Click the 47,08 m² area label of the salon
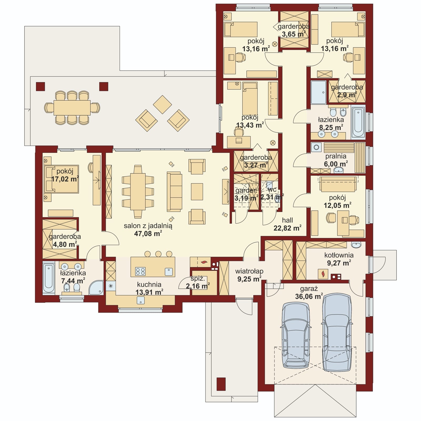[148, 233]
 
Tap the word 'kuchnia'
[149, 284]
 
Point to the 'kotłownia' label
[339, 255]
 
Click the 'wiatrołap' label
[249, 271]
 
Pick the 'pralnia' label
[336, 156]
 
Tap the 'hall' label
[287, 220]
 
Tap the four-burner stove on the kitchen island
[140, 271]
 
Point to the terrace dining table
[72, 108]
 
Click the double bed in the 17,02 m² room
[62, 179]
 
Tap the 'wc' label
[272, 189]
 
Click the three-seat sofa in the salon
[174, 192]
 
